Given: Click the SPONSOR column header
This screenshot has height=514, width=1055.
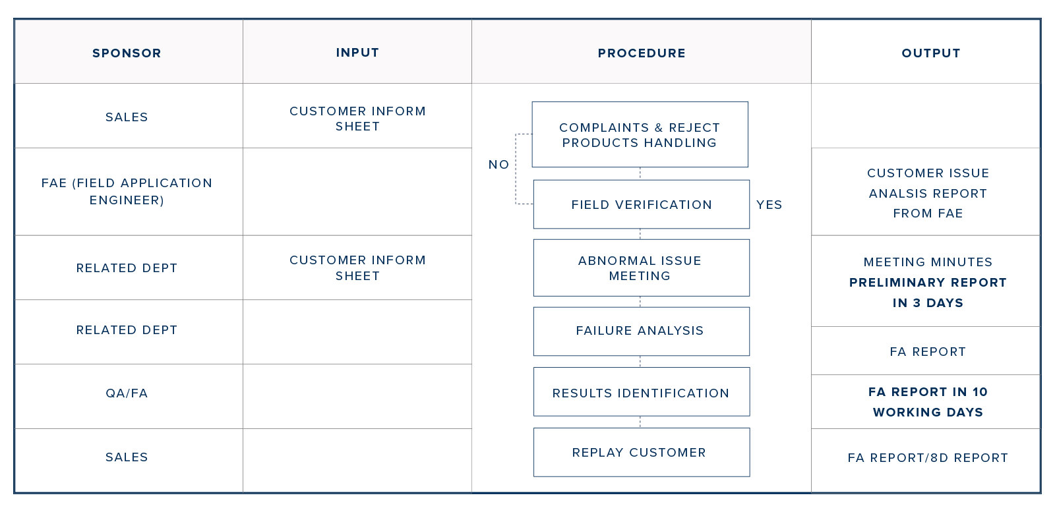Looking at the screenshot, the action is click(127, 53).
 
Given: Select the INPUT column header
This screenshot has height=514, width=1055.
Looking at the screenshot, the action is click(357, 53).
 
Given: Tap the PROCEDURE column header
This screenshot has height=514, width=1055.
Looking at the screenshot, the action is click(642, 53).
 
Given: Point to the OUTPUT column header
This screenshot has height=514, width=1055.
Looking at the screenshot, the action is click(931, 53).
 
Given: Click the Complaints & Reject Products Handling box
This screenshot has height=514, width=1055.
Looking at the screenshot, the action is click(640, 134).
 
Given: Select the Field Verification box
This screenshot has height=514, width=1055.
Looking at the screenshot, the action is click(642, 204).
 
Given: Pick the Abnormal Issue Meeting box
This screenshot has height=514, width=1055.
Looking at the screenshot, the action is click(642, 268).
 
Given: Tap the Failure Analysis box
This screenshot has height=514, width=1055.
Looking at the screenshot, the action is click(642, 331).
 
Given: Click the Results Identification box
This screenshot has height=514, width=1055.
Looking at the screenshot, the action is click(642, 392).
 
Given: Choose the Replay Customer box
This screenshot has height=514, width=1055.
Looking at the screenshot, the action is click(642, 452).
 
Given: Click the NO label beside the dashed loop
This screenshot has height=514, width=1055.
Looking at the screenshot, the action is click(498, 165).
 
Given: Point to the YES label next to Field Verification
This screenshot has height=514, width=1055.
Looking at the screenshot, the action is click(769, 205).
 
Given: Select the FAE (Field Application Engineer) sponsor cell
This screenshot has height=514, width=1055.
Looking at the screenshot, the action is click(127, 192).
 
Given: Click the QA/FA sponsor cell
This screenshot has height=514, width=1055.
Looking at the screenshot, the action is click(127, 393).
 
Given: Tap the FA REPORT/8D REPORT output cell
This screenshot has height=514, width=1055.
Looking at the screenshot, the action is click(928, 458).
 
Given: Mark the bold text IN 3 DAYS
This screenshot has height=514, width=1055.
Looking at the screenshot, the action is click(928, 302).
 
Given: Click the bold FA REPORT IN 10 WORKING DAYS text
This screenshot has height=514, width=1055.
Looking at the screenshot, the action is click(928, 402).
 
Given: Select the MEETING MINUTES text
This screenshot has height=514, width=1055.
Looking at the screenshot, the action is click(928, 262).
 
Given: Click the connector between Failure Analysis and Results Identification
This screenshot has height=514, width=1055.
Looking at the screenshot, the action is click(640, 362).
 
